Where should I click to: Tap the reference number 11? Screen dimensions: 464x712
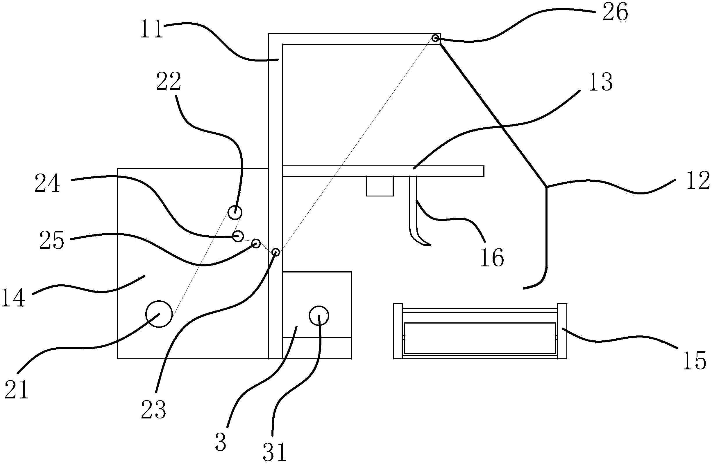click(x=152, y=29)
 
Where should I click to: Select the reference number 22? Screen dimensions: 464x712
click(x=169, y=82)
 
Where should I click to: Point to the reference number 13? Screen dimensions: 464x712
click(x=600, y=82)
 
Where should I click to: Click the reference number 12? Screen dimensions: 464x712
click(x=698, y=181)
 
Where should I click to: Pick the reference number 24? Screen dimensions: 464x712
click(x=47, y=184)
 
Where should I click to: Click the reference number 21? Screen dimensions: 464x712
click(x=17, y=390)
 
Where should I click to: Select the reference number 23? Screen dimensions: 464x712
click(x=153, y=410)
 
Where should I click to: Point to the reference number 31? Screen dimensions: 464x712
click(x=274, y=452)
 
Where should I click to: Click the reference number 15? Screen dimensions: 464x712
click(x=695, y=361)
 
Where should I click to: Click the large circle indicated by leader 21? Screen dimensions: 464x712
click(x=159, y=314)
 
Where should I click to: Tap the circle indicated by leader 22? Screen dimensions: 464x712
click(x=235, y=213)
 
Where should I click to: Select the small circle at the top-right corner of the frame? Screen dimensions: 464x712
click(x=436, y=38)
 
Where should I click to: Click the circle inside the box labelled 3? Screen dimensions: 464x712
click(x=319, y=315)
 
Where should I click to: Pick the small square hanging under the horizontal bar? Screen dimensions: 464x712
click(x=380, y=186)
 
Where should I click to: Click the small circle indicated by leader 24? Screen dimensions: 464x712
click(x=238, y=236)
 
